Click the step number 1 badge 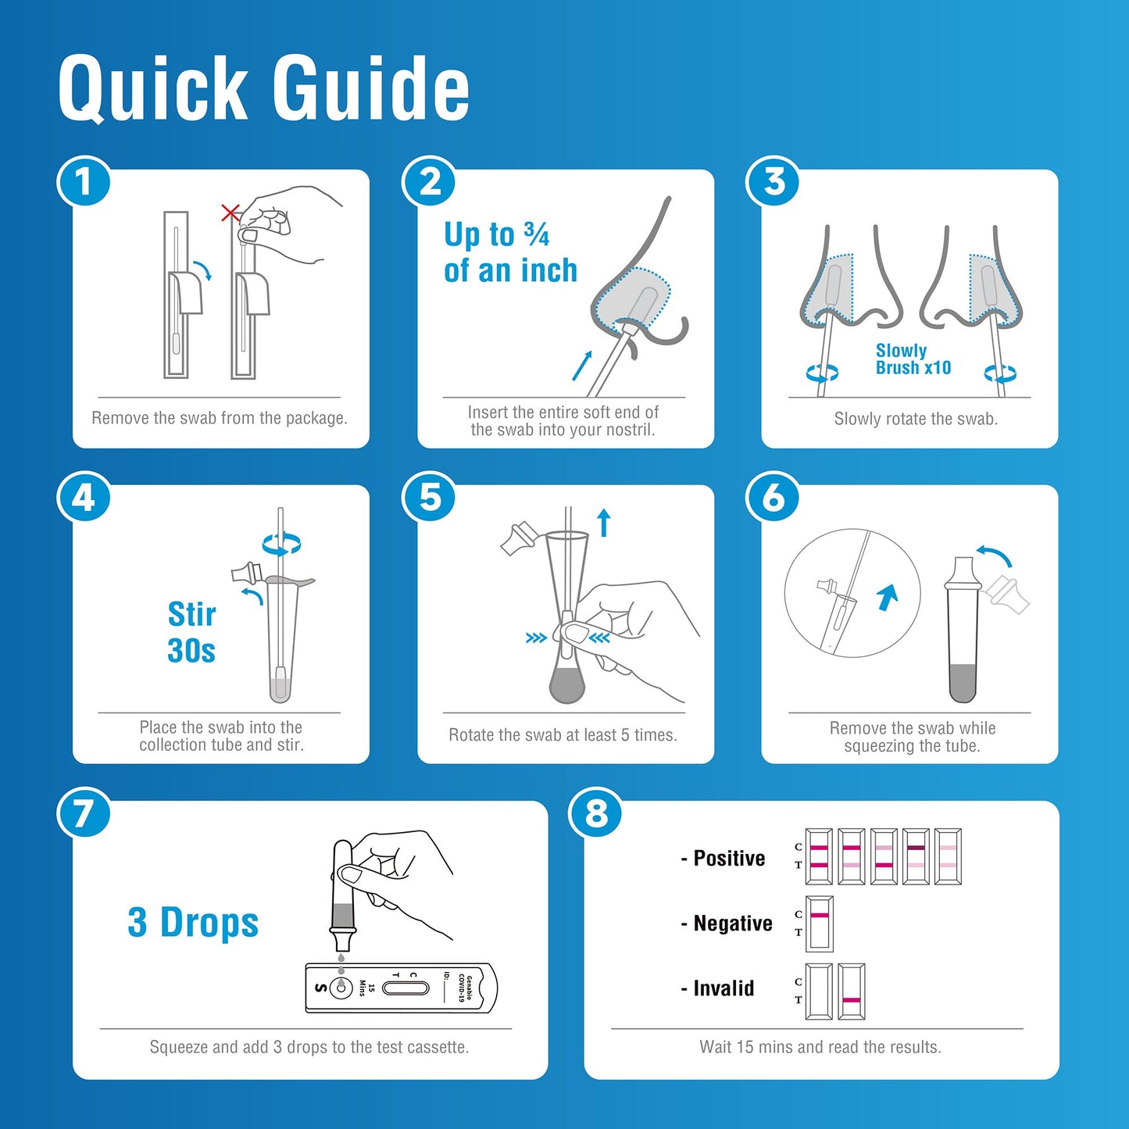(x=84, y=182)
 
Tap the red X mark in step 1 (x=230, y=213)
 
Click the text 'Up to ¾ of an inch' (x=510, y=252)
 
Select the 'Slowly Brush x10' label (x=913, y=359)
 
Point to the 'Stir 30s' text (x=191, y=632)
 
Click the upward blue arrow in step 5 (x=603, y=523)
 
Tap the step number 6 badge (x=773, y=498)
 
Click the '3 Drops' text (x=193, y=923)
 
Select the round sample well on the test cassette (x=341, y=988)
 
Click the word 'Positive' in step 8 (x=729, y=859)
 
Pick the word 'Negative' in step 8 (x=733, y=924)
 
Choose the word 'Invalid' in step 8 (x=723, y=988)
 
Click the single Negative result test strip (x=820, y=923)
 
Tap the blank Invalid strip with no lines (x=819, y=991)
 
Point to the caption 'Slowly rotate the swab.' (x=916, y=419)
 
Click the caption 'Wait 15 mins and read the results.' (x=820, y=1047)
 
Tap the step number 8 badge (x=596, y=813)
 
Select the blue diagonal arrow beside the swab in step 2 (x=582, y=366)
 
